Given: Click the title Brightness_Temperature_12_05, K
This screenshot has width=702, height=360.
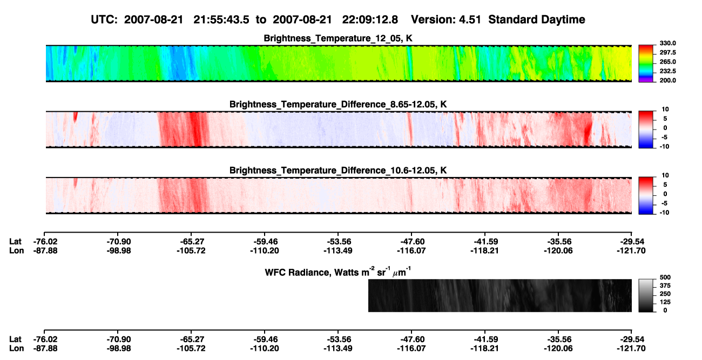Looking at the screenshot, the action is click(x=338, y=38).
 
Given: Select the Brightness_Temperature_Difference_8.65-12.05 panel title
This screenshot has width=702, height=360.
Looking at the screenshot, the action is click(x=338, y=104).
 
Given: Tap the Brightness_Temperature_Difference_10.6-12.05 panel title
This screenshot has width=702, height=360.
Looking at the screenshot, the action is click(x=338, y=171).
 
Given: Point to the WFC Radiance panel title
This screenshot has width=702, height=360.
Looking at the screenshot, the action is click(x=338, y=272).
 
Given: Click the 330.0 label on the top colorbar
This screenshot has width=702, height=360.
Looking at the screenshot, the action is click(x=667, y=43).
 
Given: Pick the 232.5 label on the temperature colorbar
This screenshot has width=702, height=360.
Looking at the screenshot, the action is click(x=667, y=71).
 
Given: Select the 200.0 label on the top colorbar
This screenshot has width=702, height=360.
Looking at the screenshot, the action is click(x=667, y=80).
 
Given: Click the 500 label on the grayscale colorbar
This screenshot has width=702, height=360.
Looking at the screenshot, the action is click(x=665, y=277).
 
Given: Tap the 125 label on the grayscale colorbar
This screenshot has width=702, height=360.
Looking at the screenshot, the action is click(x=665, y=302).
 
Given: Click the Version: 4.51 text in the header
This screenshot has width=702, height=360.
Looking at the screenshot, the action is click(x=446, y=20).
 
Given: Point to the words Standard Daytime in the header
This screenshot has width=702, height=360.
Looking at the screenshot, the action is click(x=537, y=20).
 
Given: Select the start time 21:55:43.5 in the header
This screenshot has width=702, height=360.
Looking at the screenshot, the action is click(x=221, y=20).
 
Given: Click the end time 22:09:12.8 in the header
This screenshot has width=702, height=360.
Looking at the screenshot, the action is click(x=370, y=20).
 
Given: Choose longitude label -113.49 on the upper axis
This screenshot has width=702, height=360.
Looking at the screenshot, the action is click(x=338, y=250).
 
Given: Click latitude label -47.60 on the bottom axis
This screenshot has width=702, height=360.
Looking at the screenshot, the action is click(x=411, y=339).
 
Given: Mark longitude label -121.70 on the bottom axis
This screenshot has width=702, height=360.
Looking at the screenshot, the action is click(x=631, y=349).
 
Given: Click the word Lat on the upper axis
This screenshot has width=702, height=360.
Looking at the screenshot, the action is click(x=15, y=242).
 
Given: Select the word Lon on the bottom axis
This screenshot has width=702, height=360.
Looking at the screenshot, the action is click(x=17, y=349).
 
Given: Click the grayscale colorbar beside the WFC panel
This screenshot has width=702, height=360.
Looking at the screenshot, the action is click(x=646, y=295).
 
